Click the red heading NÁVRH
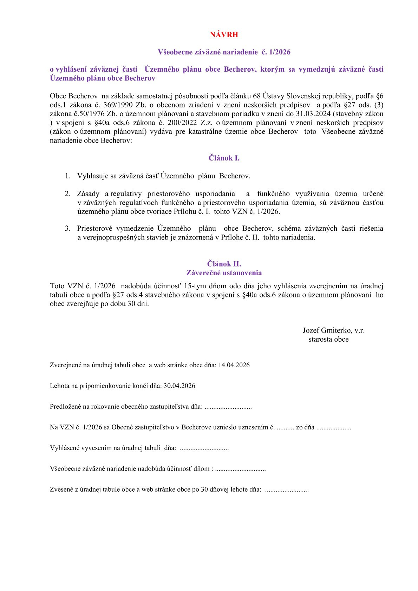tap(224, 35)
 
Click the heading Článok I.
tap(224, 158)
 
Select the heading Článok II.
tap(224, 264)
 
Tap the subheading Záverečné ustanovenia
tap(224, 273)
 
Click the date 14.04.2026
tap(234, 365)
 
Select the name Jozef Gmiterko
tap(327, 330)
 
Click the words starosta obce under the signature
tap(328, 340)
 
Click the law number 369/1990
tap(119, 105)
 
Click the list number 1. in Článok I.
tap(67, 176)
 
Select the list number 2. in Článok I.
tap(67, 194)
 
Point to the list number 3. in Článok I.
tap(67, 229)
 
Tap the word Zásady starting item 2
tap(88, 194)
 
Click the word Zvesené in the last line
tap(61, 490)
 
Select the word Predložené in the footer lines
tap(66, 407)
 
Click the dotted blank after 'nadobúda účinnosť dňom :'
tap(240, 469)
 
